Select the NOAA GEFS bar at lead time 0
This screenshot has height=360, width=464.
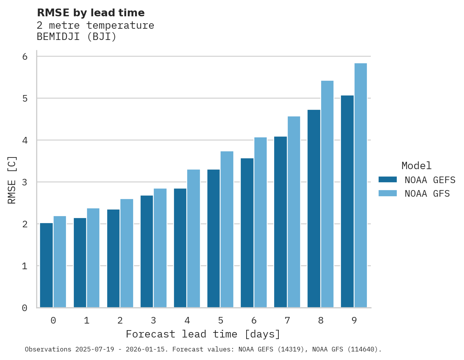click(x=47, y=265)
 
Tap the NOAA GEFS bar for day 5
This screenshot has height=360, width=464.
click(x=214, y=239)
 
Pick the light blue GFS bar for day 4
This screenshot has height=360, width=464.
click(x=193, y=239)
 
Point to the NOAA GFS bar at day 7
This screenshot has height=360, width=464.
click(x=294, y=212)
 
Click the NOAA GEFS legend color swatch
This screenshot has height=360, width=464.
click(x=388, y=180)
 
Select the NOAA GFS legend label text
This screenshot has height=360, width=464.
click(x=427, y=194)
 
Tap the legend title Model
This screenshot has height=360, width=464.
click(x=416, y=166)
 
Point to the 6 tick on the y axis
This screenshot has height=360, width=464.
click(x=24, y=57)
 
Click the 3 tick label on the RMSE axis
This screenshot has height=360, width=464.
click(x=24, y=182)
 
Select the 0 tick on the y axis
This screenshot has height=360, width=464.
click(x=24, y=308)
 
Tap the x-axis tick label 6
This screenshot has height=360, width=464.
click(x=254, y=321)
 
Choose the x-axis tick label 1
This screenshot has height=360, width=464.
click(x=87, y=321)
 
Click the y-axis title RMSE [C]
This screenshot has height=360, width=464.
click(x=12, y=180)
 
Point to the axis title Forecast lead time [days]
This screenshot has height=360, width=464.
click(x=203, y=334)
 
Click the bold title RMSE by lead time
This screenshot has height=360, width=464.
click(x=90, y=13)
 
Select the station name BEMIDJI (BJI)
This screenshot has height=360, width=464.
click(x=76, y=37)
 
